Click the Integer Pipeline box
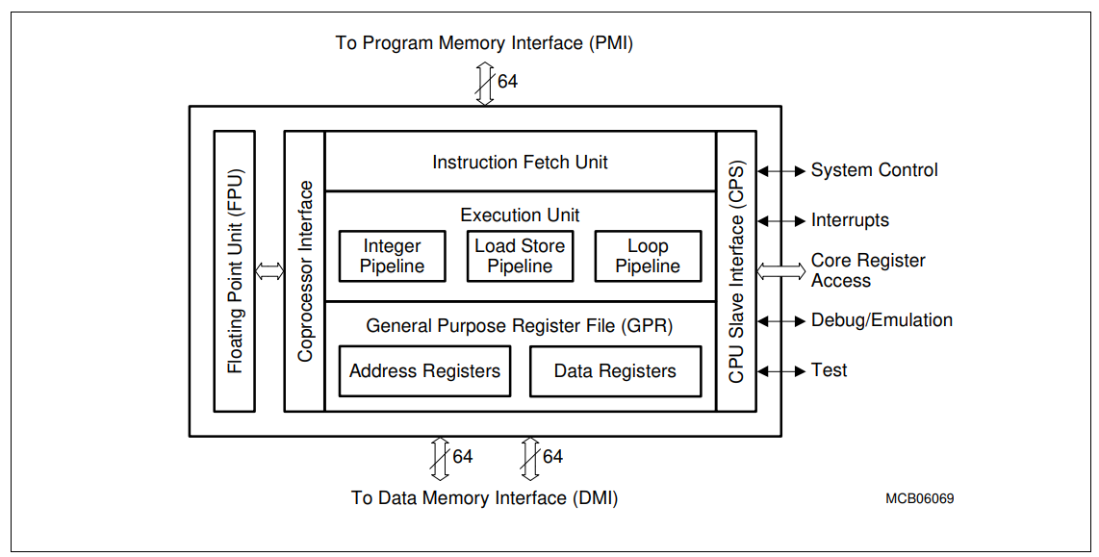[392, 256]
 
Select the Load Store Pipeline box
[520, 256]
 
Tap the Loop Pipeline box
[648, 256]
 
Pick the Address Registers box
[424, 371]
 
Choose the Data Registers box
[615, 371]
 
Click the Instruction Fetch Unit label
[520, 163]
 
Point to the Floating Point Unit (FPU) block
[234, 271]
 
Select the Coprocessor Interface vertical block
[305, 271]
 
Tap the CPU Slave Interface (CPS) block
[736, 271]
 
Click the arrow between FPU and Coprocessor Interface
[269, 271]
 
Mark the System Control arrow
[781, 171]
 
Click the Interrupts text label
[850, 220]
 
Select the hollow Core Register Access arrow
[781, 271]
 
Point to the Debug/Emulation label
[882, 320]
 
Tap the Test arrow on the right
[781, 370]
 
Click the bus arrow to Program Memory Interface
[484, 83]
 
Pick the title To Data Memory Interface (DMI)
[484, 498]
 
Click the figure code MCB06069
[919, 499]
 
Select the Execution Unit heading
[520, 215]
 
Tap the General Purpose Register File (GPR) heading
[520, 326]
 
